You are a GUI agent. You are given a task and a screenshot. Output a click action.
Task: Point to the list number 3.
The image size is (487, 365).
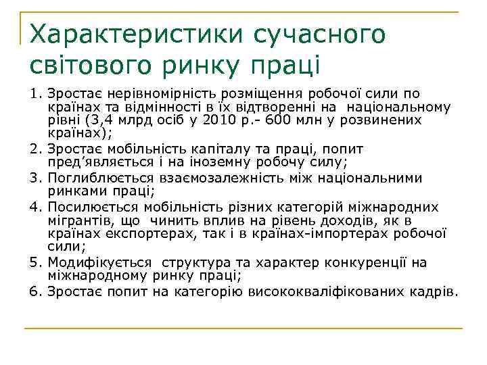[x=34, y=178]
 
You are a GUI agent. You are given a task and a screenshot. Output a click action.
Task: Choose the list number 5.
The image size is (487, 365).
[x=34, y=263]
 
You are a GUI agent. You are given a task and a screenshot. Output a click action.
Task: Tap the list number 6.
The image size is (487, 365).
[x=34, y=292]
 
